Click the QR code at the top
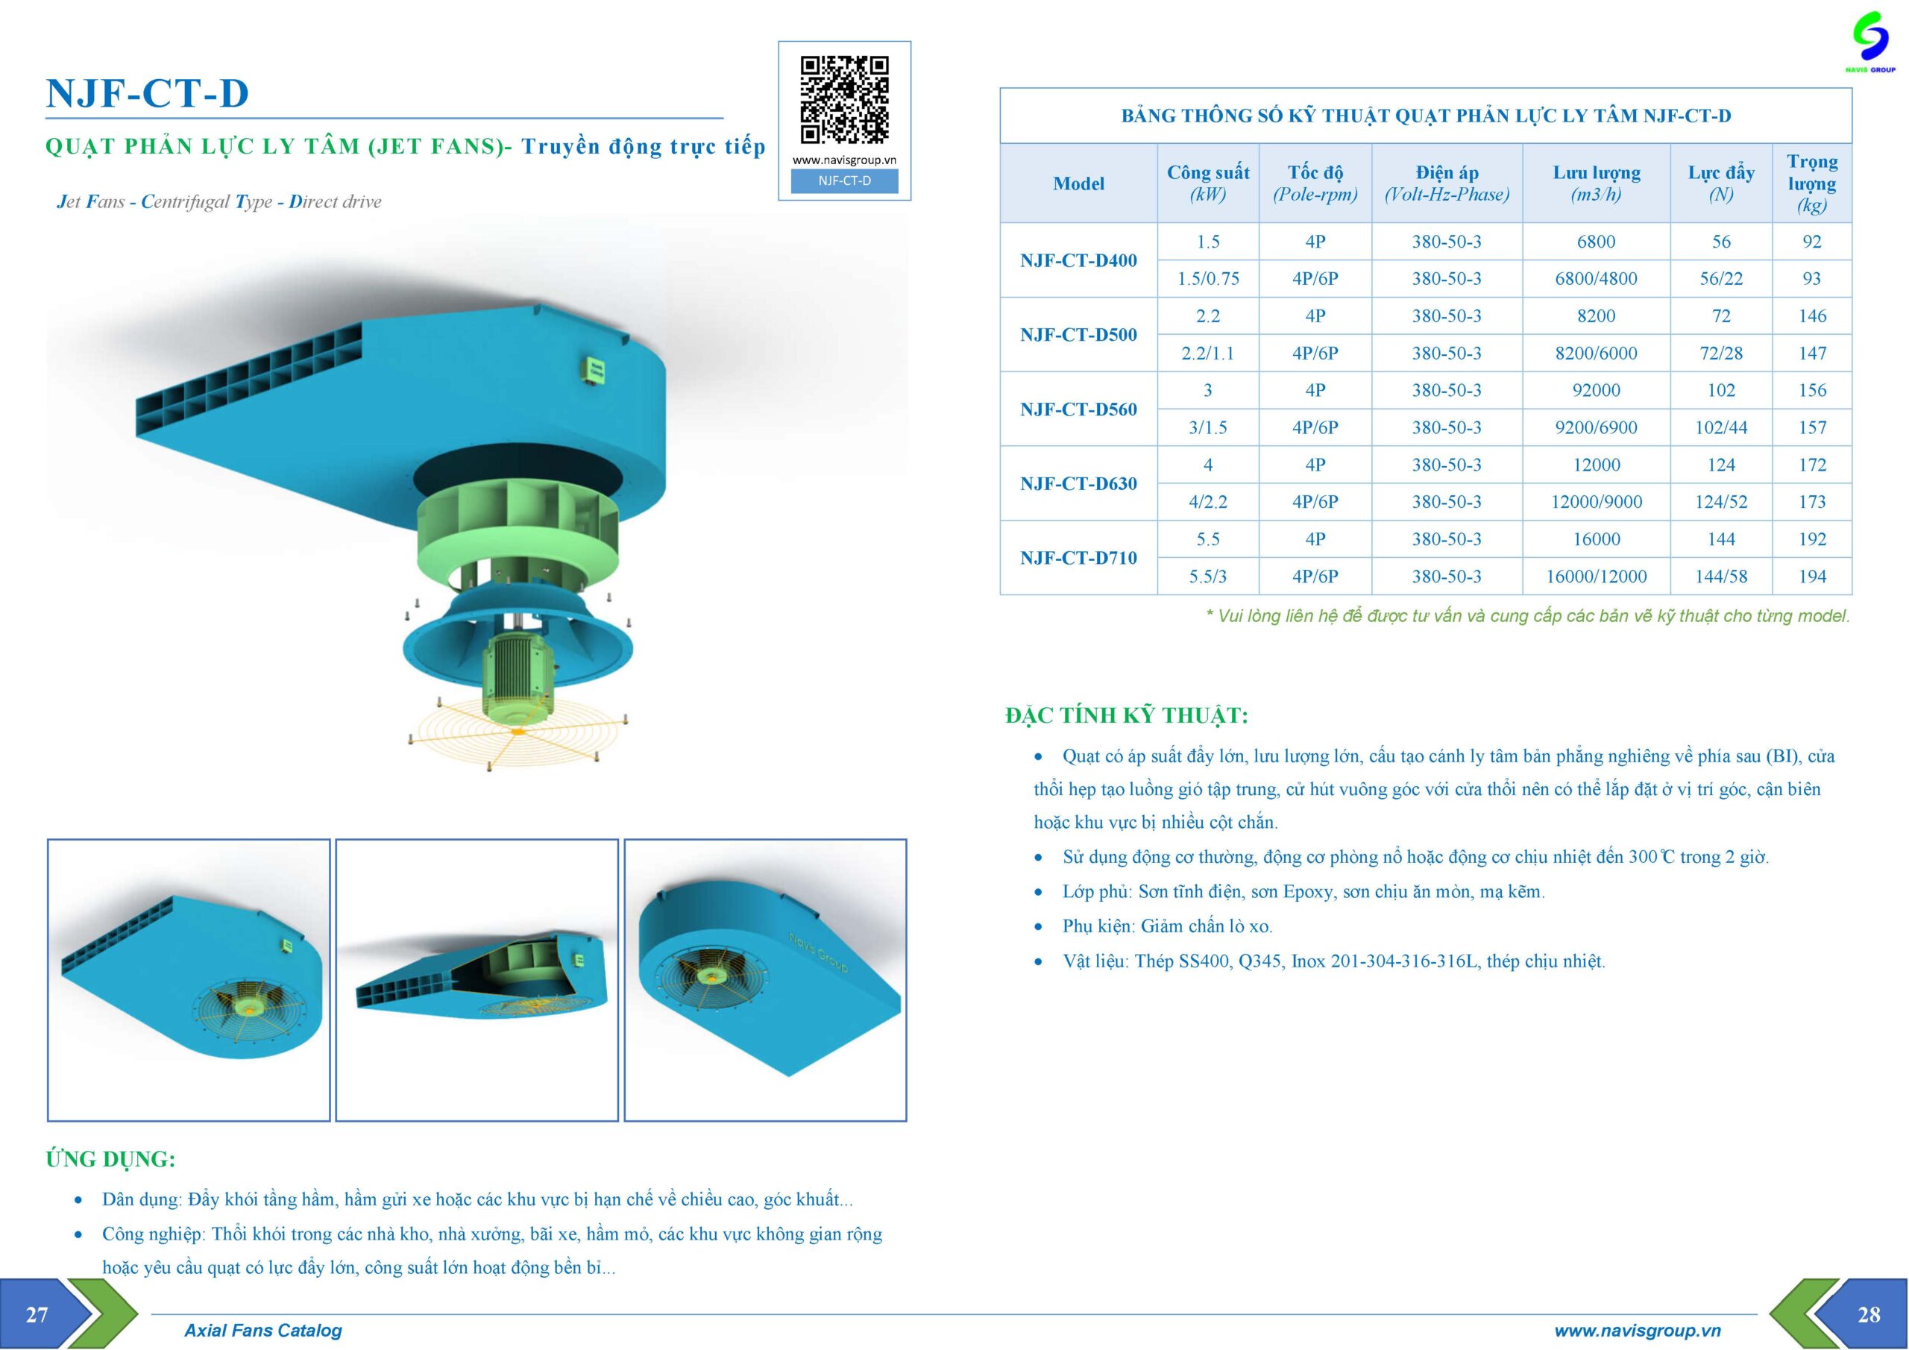[844, 100]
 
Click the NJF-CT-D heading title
[147, 93]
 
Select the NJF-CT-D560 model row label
[1078, 409]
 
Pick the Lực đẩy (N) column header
[1720, 183]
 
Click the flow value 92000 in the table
[1596, 390]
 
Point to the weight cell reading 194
[1812, 577]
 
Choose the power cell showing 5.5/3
[1207, 577]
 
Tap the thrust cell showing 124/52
[1720, 501]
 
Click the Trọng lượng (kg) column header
[1812, 183]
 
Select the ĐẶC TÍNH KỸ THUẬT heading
[1127, 715]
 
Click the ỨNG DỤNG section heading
[110, 1158]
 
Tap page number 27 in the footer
[37, 1314]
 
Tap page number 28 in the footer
[1868, 1314]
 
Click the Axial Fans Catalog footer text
[262, 1330]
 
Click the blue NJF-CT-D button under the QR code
[844, 180]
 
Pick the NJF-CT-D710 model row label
[1078, 558]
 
